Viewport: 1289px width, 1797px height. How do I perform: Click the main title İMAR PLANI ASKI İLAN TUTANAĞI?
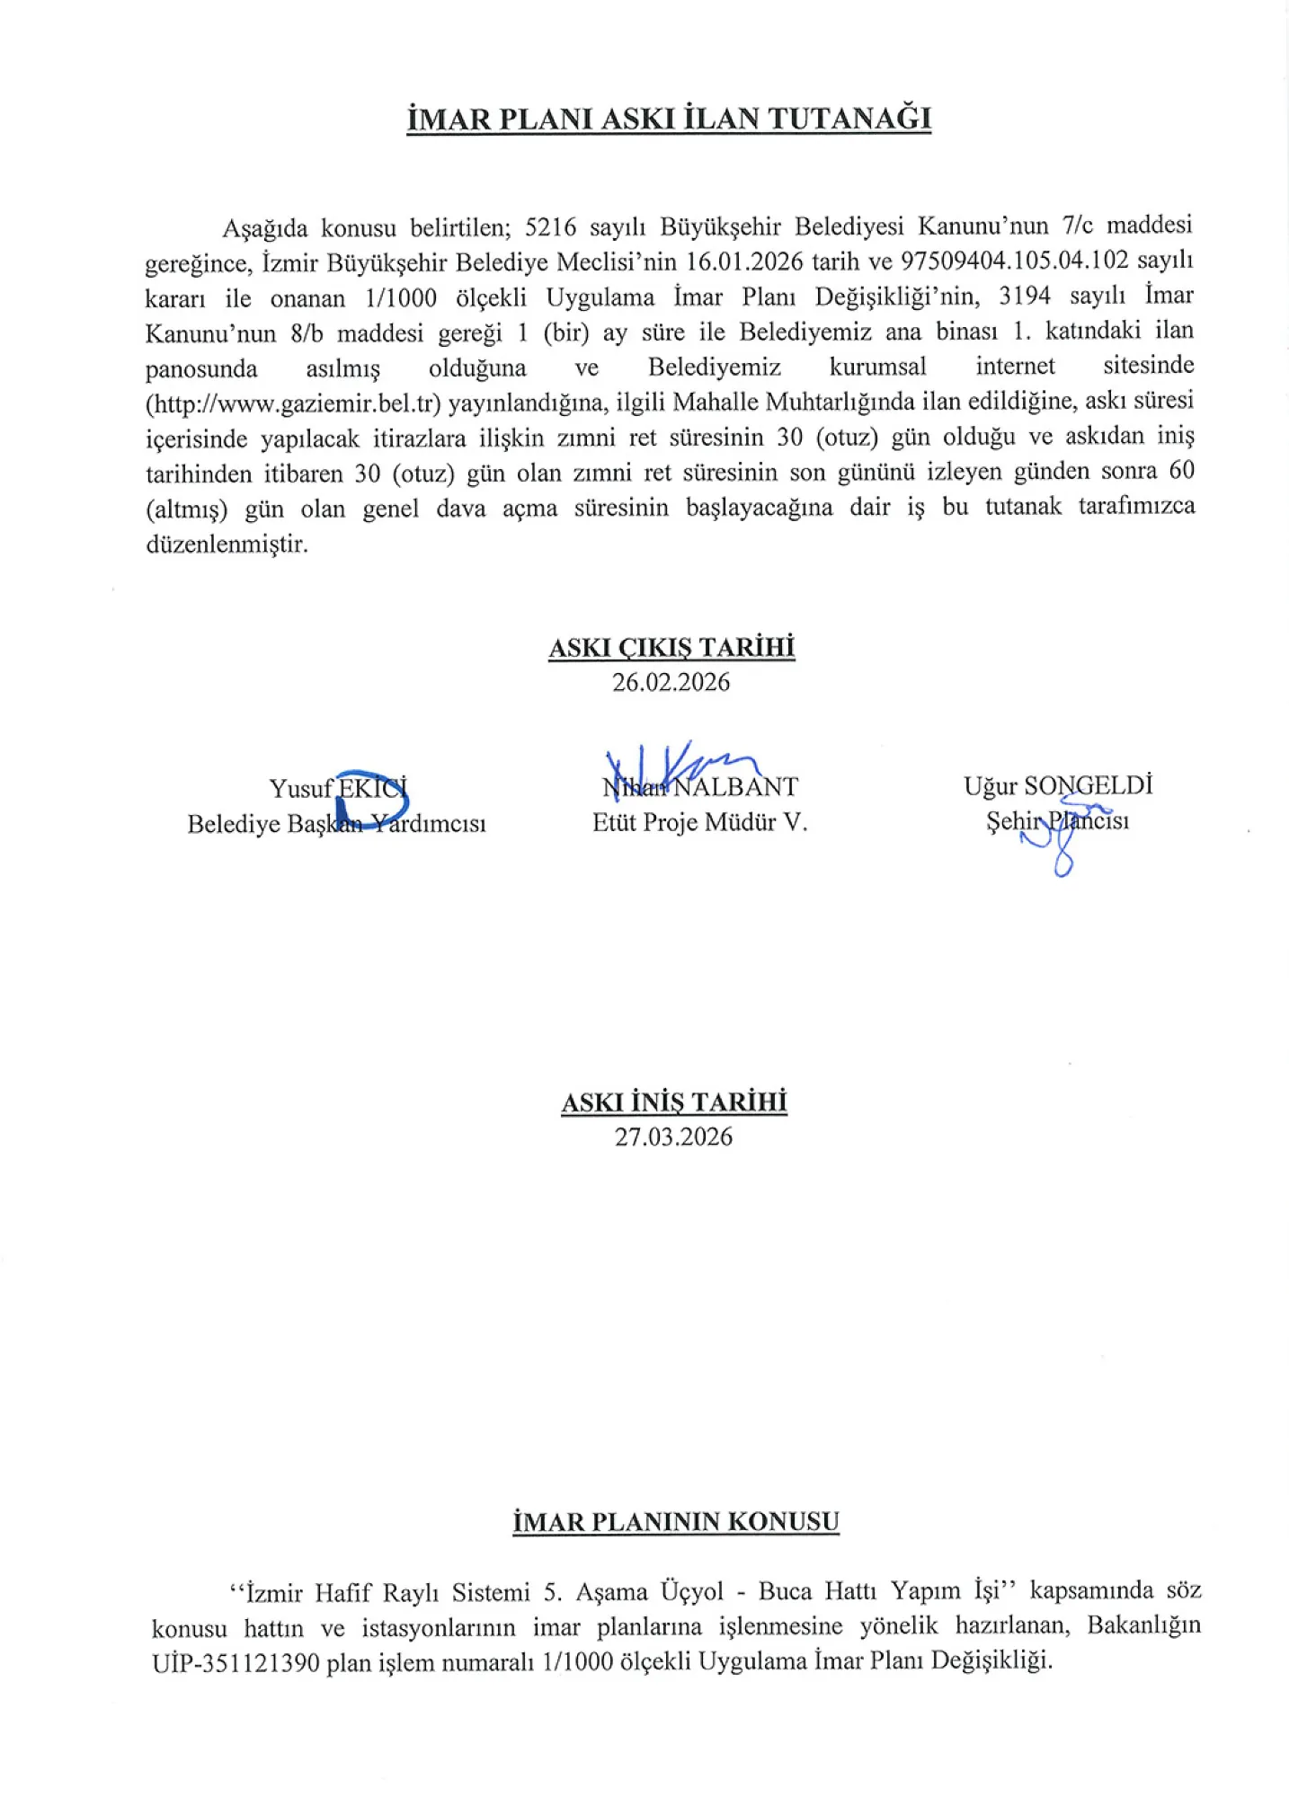(x=669, y=119)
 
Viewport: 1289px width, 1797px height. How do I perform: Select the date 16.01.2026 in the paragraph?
(x=745, y=261)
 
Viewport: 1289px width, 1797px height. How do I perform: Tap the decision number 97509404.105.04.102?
(x=1014, y=261)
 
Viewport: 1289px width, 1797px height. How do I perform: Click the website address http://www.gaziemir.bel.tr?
(x=293, y=403)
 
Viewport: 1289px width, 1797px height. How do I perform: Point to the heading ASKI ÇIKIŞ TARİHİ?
(x=671, y=648)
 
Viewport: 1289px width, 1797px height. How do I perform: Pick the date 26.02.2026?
(x=671, y=682)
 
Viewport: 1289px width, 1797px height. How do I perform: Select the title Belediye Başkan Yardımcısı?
(x=336, y=824)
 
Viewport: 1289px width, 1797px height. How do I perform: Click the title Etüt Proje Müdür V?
(x=699, y=822)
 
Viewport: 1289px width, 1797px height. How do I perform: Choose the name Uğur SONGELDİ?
(x=1058, y=786)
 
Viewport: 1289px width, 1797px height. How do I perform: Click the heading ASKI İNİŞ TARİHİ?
(x=674, y=1102)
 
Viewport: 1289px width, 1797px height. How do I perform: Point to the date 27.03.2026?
(x=673, y=1137)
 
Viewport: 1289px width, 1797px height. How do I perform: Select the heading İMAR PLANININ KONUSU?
(x=676, y=1522)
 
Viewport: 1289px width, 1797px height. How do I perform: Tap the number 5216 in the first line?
(x=550, y=226)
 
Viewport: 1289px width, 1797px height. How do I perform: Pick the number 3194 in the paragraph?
(x=1025, y=297)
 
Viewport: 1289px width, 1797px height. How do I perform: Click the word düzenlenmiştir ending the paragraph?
(x=227, y=544)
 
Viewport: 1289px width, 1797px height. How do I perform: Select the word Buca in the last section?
(x=786, y=1592)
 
